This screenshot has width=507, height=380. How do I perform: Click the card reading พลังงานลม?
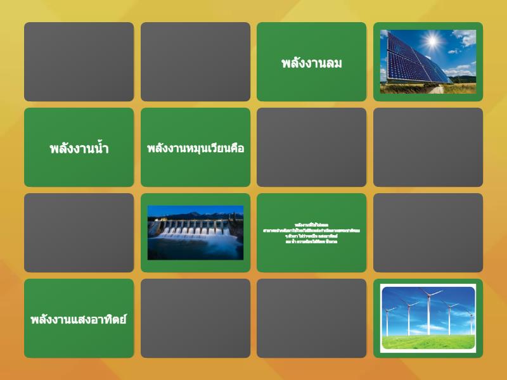pos(311,62)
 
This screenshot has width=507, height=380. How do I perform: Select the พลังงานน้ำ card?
pos(79,148)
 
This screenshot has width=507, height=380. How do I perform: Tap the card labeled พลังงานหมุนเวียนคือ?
pos(195,148)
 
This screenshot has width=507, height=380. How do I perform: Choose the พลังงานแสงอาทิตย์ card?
pos(79,319)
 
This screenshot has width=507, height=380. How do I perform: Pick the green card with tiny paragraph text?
pos(311,233)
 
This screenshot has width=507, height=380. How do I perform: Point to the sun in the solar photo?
pos(433,42)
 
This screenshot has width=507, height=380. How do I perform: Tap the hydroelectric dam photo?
pos(195,232)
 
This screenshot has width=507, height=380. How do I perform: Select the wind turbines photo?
pos(428,318)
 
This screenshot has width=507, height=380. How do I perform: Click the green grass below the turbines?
pos(428,342)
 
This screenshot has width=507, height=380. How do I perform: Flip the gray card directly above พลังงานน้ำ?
pos(79,62)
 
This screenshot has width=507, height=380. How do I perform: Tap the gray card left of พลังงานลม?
pos(195,62)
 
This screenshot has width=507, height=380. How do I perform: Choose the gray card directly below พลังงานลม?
pos(311,148)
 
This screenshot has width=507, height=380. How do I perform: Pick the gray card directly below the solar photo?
pos(428,148)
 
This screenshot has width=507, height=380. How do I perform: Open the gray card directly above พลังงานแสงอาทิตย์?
pos(79,233)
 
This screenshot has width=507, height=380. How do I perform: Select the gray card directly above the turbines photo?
pos(428,233)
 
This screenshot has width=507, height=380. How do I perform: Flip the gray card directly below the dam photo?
pos(195,319)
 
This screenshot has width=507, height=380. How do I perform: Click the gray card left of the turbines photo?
pos(311,319)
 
